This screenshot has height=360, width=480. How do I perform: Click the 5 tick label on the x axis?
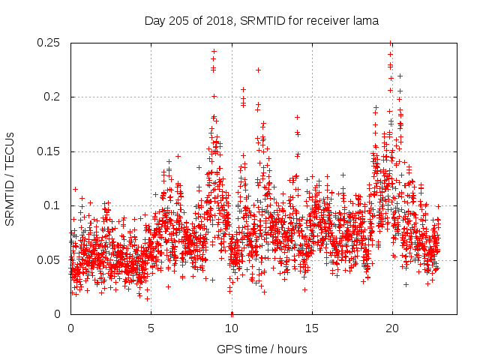pyautogui.click(x=151, y=328)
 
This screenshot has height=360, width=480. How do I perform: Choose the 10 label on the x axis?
pyautogui.click(x=231, y=328)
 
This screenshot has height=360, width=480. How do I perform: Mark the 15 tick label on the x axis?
pyautogui.click(x=311, y=328)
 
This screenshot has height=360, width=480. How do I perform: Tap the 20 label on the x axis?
pyautogui.click(x=391, y=328)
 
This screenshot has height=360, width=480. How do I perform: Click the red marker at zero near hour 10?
pyautogui.click(x=232, y=313)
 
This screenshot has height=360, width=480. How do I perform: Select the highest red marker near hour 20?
pyautogui.click(x=390, y=43)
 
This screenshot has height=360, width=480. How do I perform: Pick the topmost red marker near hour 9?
pyautogui.click(x=214, y=52)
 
